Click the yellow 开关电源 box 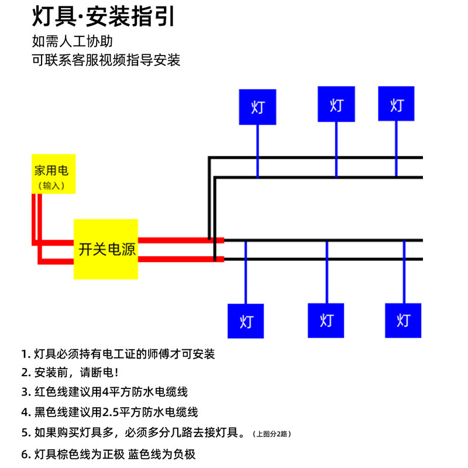106,249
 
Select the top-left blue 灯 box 257,107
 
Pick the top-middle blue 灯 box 336,105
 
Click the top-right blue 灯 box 397,104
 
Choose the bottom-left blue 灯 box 246,321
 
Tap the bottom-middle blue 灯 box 326,320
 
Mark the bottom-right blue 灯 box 403,320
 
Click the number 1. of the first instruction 26,355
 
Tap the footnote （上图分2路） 272,434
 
